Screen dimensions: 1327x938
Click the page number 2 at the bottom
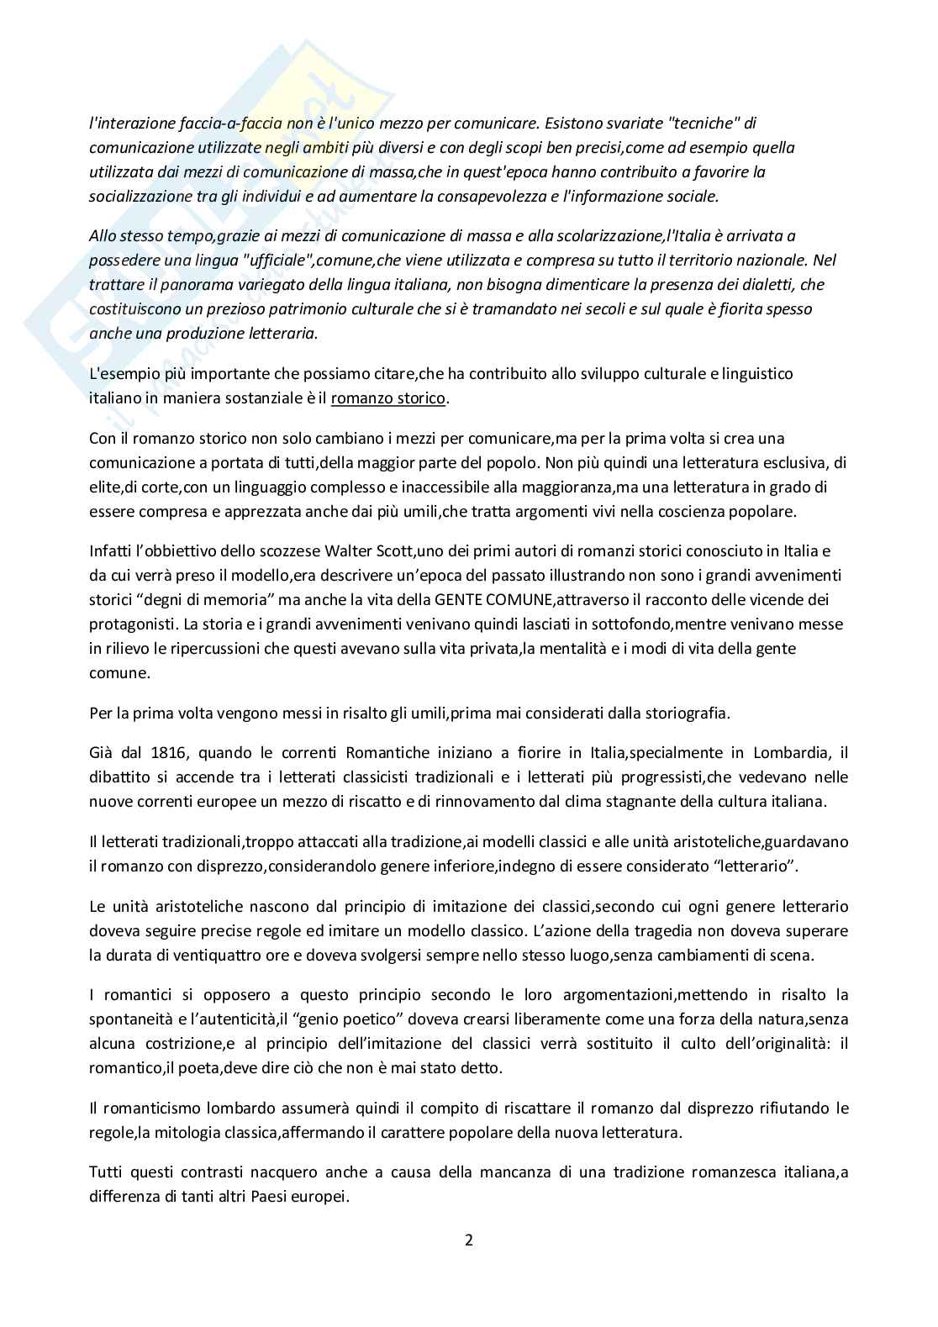pyautogui.click(x=469, y=1240)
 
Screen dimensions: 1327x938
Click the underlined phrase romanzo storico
pyautogui.click(x=388, y=398)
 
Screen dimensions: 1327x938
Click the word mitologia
pyautogui.click(x=197, y=1132)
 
